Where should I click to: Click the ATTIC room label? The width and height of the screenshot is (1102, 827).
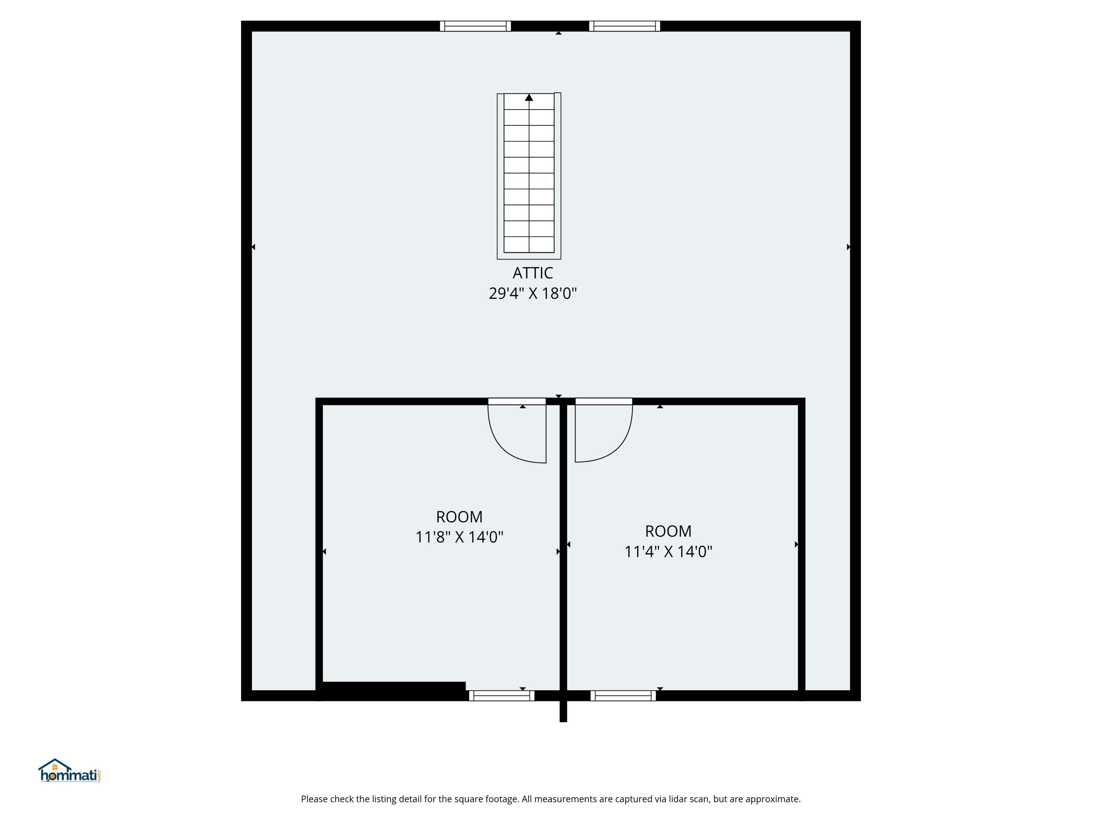[533, 273]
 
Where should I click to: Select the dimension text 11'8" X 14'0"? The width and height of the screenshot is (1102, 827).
[459, 537]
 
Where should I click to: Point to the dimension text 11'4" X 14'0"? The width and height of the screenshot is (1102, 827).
[668, 552]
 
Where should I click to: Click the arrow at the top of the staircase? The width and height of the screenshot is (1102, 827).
[529, 98]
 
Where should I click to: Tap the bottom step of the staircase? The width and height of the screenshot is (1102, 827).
[529, 244]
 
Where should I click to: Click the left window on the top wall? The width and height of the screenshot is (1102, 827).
[475, 26]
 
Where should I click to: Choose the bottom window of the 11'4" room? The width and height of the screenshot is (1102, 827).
[623, 696]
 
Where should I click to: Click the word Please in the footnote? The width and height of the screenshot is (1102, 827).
[314, 799]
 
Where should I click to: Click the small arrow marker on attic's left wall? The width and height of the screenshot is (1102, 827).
[253, 247]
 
